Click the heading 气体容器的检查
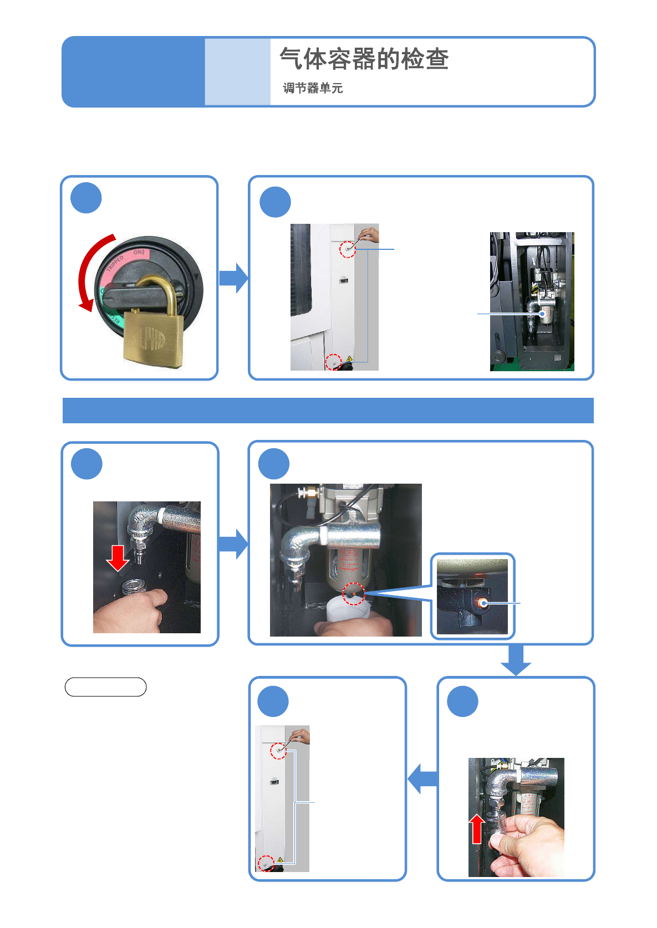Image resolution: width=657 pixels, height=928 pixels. pyautogui.click(x=364, y=59)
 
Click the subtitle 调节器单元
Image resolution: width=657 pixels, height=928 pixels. pyautogui.click(x=313, y=88)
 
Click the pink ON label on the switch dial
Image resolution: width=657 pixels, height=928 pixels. pyautogui.click(x=139, y=253)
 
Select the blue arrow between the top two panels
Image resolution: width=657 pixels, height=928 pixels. pyautogui.click(x=233, y=278)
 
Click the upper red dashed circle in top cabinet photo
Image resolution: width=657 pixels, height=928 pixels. pyautogui.click(x=347, y=249)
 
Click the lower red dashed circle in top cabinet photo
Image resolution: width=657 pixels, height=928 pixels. pyautogui.click(x=333, y=362)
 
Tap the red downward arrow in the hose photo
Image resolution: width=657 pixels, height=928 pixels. pyautogui.click(x=118, y=557)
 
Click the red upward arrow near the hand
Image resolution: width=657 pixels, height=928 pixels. pyautogui.click(x=476, y=829)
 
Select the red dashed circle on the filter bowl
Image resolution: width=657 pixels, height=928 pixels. pyautogui.click(x=353, y=594)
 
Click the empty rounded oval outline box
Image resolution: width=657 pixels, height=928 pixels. pyautogui.click(x=105, y=686)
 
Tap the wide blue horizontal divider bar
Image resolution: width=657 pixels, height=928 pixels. pyautogui.click(x=328, y=410)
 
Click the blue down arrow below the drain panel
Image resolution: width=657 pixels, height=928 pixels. pyautogui.click(x=516, y=660)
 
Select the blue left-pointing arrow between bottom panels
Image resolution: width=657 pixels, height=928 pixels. pyautogui.click(x=422, y=778)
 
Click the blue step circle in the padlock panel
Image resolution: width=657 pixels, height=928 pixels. pyautogui.click(x=86, y=198)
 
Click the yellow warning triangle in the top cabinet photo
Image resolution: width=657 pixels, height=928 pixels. pyautogui.click(x=349, y=359)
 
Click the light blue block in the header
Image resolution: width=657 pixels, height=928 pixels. pyautogui.click(x=237, y=72)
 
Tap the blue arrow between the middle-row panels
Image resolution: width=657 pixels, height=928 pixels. pyautogui.click(x=233, y=544)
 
